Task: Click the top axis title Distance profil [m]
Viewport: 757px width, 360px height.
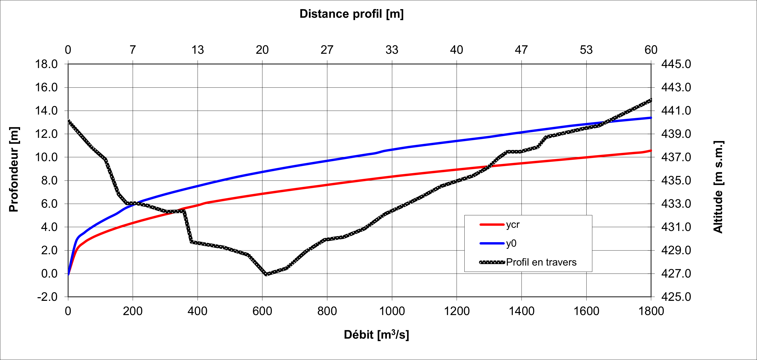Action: tap(352, 14)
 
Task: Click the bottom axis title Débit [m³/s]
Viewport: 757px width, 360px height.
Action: tap(376, 334)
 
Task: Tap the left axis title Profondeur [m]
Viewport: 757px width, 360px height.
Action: tap(14, 169)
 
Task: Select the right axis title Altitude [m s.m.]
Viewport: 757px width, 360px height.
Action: tap(718, 187)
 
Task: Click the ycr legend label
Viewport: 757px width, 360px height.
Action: tap(513, 224)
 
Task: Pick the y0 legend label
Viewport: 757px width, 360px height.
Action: tap(511, 243)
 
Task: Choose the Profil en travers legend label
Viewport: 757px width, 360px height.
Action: tap(541, 262)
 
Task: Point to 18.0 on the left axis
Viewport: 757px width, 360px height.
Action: tap(46, 64)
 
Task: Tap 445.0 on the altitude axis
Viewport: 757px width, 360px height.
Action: tap(676, 64)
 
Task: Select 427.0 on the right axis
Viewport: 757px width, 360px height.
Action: tap(676, 274)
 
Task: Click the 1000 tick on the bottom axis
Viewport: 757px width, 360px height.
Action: tap(392, 311)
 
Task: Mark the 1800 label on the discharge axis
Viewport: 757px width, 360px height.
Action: tap(651, 311)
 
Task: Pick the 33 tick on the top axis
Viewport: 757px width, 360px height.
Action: tap(392, 50)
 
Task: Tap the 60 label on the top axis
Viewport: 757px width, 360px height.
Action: tap(651, 50)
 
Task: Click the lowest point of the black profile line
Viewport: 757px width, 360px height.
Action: tap(266, 274)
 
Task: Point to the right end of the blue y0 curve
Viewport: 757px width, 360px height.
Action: tap(651, 118)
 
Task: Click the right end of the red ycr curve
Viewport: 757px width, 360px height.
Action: tap(651, 150)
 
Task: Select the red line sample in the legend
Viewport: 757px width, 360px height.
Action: tap(492, 224)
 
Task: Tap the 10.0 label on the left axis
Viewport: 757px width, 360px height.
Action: tap(46, 157)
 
